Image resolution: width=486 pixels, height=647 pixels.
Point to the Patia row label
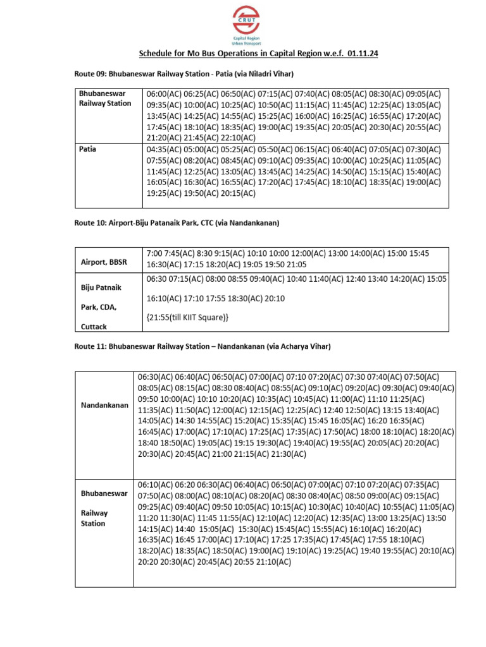(x=88, y=150)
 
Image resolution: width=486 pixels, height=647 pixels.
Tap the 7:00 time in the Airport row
(x=154, y=253)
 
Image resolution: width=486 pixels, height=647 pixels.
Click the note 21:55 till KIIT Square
(x=187, y=317)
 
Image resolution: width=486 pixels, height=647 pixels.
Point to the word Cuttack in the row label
(x=94, y=327)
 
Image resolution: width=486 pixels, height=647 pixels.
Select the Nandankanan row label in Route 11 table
(x=104, y=404)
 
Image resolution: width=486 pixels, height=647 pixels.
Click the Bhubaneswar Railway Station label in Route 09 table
(x=105, y=99)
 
